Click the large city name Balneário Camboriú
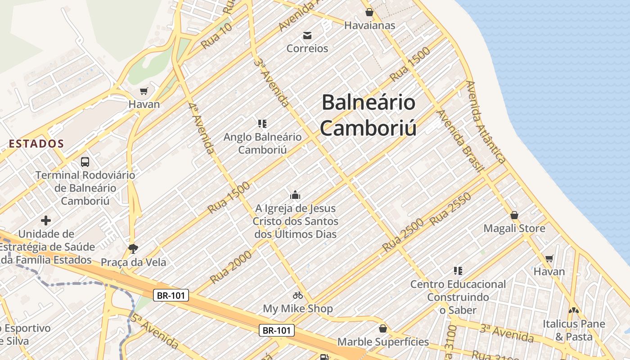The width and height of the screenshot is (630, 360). [368, 115]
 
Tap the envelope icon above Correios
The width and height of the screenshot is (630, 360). [307, 35]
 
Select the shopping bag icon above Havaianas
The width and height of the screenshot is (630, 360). [369, 12]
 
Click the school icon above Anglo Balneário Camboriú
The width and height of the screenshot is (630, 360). [262, 123]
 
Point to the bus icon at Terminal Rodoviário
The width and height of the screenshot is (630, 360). [85, 162]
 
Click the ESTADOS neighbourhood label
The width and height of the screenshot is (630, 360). [36, 144]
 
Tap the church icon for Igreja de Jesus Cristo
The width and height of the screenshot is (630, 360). [295, 195]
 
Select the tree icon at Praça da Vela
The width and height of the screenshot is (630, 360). [133, 248]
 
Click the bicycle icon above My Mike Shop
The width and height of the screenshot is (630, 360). [298, 295]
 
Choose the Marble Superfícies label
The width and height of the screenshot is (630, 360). [383, 342]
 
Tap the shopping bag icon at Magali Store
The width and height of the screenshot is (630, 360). [514, 215]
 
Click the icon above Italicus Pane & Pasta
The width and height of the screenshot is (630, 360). [573, 310]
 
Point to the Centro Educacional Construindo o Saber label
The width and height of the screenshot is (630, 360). [458, 297]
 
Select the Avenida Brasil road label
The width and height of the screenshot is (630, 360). [460, 141]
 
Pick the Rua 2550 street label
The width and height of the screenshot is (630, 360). [450, 209]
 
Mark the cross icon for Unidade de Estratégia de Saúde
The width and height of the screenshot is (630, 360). [46, 220]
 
